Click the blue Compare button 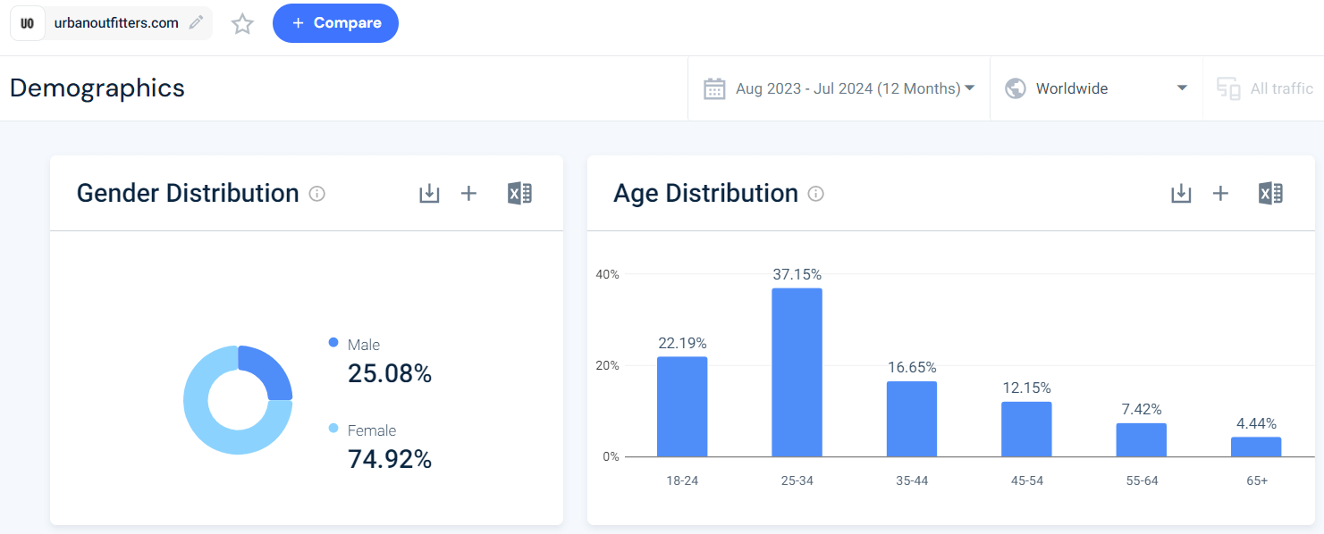pos(335,23)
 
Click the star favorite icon pos(242,24)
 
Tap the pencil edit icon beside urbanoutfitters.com pos(196,23)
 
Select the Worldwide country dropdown pos(1096,88)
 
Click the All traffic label pos(1281,88)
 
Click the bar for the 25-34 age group pos(797,372)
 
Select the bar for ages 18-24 pos(682,406)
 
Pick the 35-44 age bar pos(912,419)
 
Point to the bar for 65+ pos(1256,446)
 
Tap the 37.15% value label pos(797,274)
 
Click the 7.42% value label pos(1142,409)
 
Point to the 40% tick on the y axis pos(607,274)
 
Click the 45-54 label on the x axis pos(1026,480)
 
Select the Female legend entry pos(371,430)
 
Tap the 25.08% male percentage pos(389,374)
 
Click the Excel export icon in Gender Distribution pos(519,194)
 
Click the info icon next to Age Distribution pos(815,194)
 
